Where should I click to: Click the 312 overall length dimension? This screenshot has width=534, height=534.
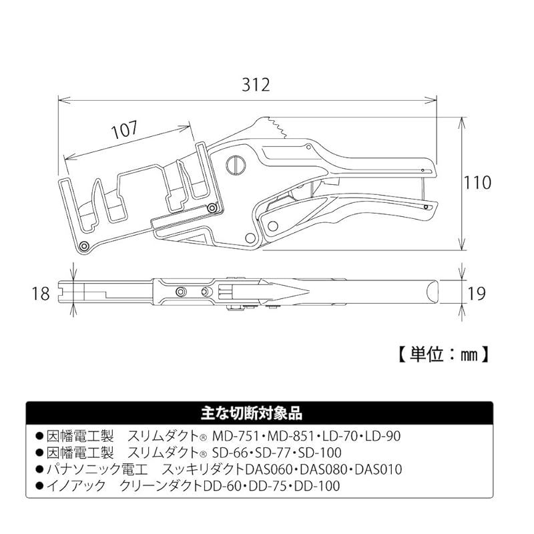(x=256, y=85)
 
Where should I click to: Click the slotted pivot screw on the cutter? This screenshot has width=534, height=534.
(x=236, y=164)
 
